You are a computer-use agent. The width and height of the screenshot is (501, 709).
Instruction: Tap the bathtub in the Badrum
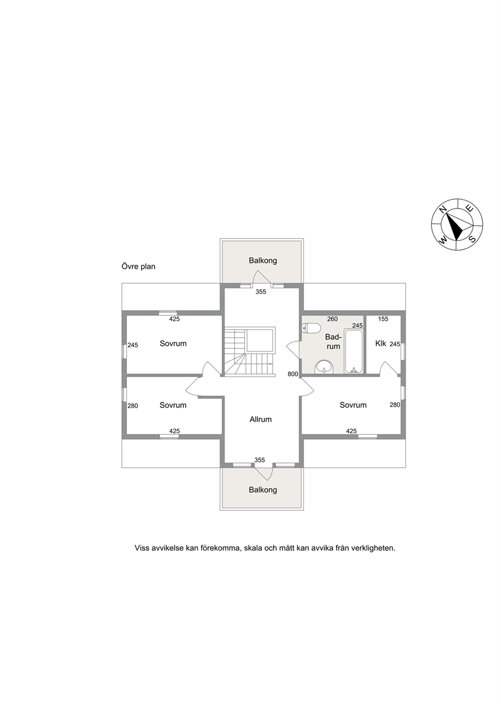pyautogui.click(x=354, y=352)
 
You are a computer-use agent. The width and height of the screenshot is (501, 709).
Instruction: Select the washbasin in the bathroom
pyautogui.click(x=324, y=367)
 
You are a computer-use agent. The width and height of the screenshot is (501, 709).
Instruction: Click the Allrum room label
pyautogui.click(x=261, y=419)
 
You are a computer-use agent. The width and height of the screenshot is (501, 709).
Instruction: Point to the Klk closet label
pyautogui.click(x=381, y=344)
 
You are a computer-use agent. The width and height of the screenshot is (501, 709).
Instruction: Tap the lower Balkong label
pyautogui.click(x=263, y=490)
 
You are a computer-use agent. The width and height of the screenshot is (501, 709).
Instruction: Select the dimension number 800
pyautogui.click(x=293, y=374)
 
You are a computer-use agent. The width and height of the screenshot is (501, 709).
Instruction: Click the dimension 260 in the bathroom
pyautogui.click(x=332, y=319)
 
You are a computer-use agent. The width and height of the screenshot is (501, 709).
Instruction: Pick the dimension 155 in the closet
pyautogui.click(x=383, y=319)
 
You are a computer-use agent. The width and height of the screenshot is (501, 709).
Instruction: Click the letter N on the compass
pyautogui.click(x=443, y=209)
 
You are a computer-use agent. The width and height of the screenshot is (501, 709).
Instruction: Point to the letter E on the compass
pyautogui.click(x=470, y=209)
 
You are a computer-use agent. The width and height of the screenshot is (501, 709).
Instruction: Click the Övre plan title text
pyautogui.click(x=138, y=266)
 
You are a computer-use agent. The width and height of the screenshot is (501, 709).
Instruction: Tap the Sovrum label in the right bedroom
pyautogui.click(x=353, y=405)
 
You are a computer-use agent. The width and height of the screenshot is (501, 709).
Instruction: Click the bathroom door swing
pyautogui.click(x=293, y=350)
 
